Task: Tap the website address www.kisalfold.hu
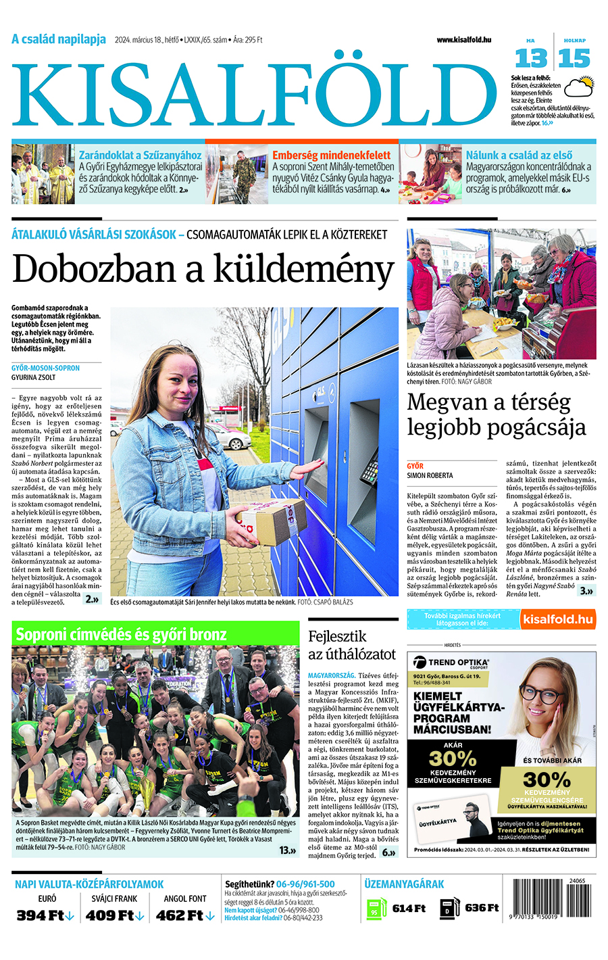(x=463, y=41)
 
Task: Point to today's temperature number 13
(x=530, y=59)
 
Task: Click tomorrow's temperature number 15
(x=574, y=59)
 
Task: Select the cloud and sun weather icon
(x=578, y=87)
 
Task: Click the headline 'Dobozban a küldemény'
(x=203, y=269)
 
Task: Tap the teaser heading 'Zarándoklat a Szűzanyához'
(x=140, y=155)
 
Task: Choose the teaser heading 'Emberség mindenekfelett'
(x=331, y=155)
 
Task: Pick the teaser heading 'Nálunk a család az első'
(x=519, y=155)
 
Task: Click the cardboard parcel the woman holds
(x=270, y=521)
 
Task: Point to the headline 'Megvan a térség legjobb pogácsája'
(x=496, y=414)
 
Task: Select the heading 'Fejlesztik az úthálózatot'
(x=351, y=645)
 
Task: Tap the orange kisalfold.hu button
(x=558, y=619)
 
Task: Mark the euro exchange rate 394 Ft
(x=45, y=915)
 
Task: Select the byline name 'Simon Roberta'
(x=430, y=475)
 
